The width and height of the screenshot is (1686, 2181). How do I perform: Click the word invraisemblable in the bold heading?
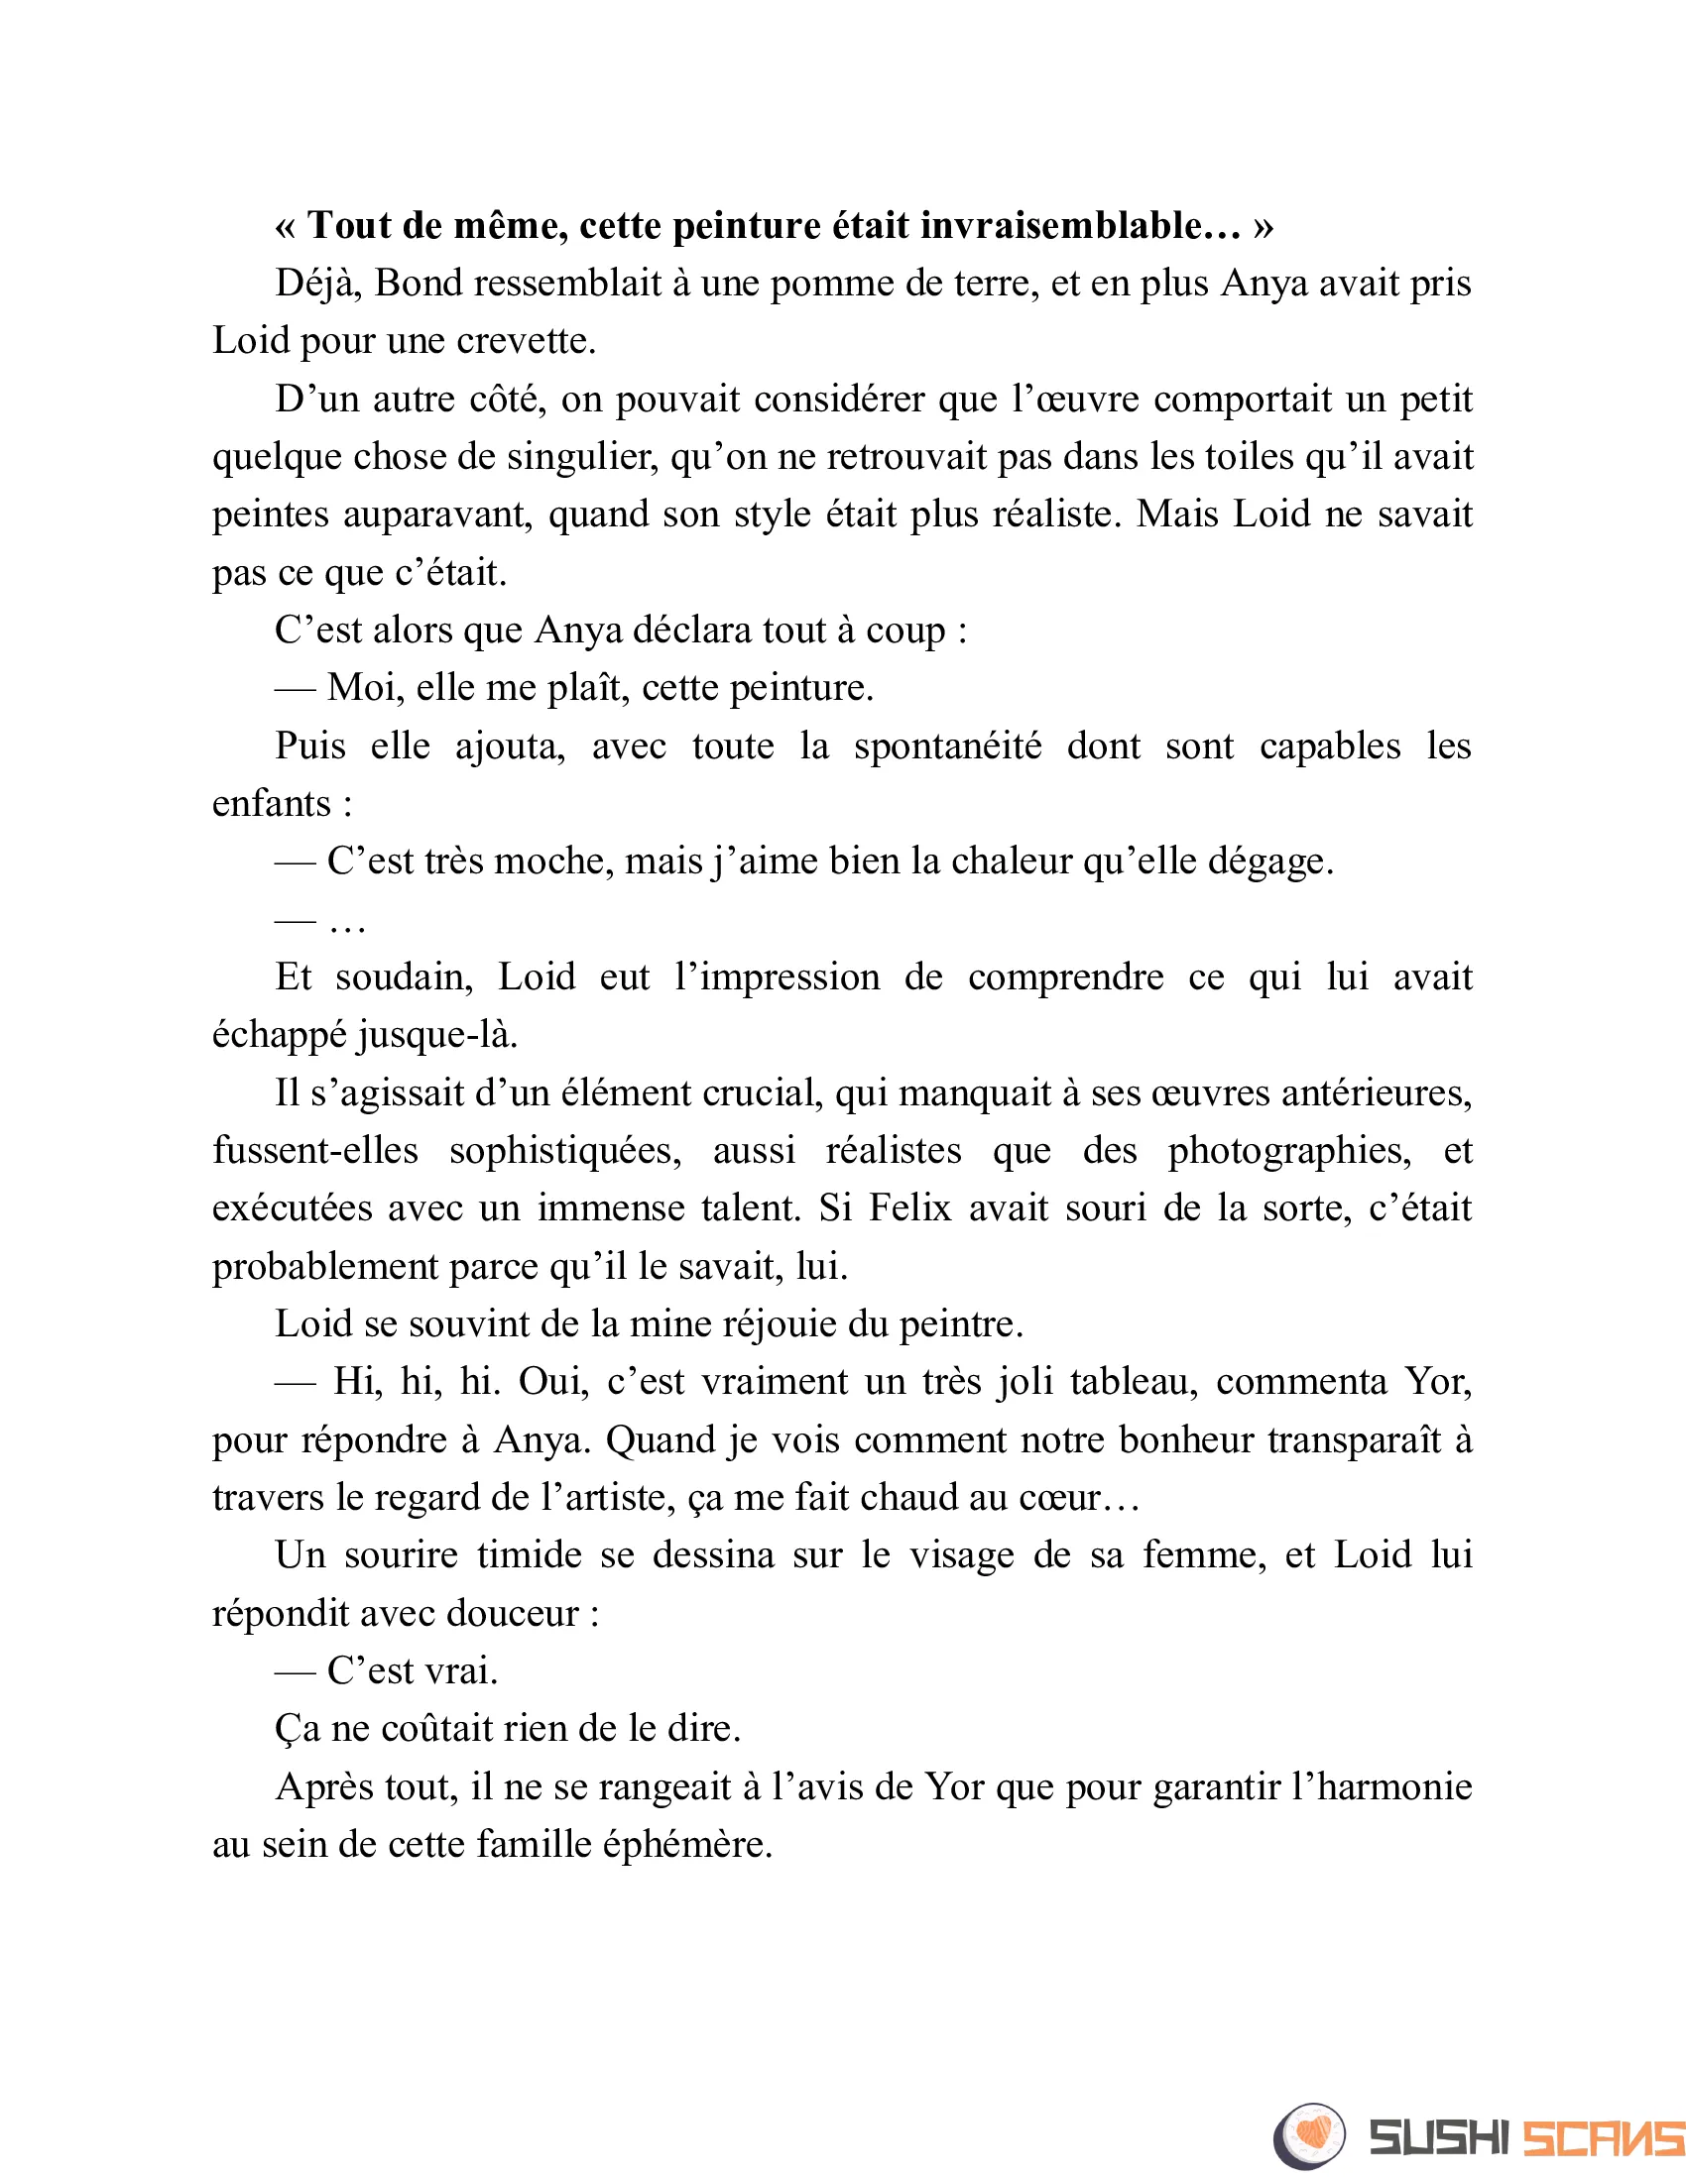point(1079,226)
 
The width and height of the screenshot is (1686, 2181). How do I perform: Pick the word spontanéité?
point(947,746)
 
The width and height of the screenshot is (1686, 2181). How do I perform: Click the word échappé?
point(279,1036)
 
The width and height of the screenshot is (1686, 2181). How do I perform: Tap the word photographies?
point(1288,1151)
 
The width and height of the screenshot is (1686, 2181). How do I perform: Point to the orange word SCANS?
point(1604,2138)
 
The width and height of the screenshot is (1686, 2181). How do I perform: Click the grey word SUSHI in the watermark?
point(1438,2138)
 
